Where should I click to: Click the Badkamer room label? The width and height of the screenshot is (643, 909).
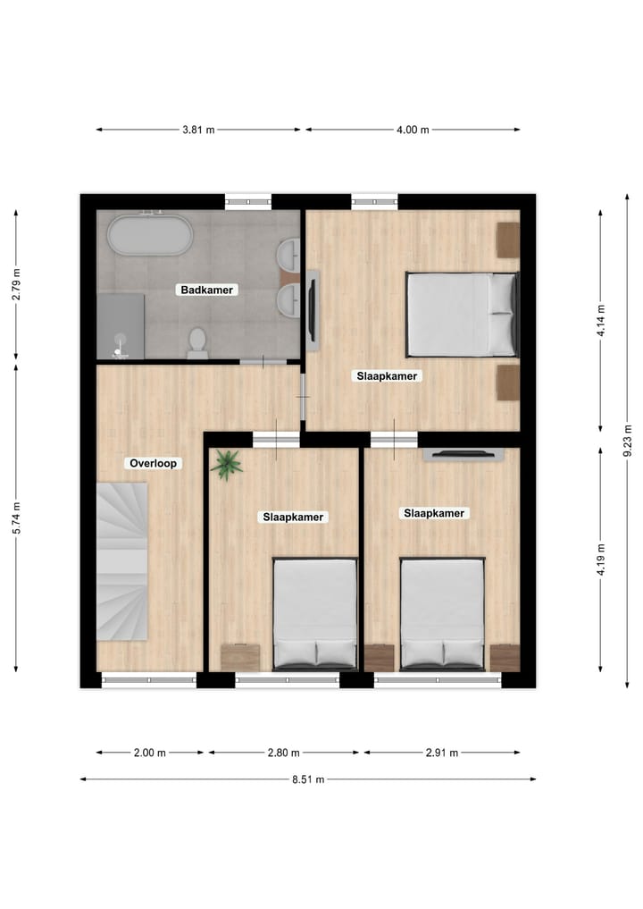pyautogui.click(x=207, y=290)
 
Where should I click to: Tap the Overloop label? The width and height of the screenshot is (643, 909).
pyautogui.click(x=154, y=463)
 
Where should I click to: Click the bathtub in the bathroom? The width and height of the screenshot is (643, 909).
pyautogui.click(x=149, y=236)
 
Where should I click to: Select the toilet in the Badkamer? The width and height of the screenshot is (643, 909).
pyautogui.click(x=197, y=342)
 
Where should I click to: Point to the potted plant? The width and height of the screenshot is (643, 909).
pyautogui.click(x=227, y=465)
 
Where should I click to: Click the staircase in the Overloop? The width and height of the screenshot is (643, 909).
pyautogui.click(x=121, y=561)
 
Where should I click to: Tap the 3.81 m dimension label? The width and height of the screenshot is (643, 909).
pyautogui.click(x=198, y=130)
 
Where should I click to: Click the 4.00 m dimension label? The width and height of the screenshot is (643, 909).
pyautogui.click(x=413, y=130)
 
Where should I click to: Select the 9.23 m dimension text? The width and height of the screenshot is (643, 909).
pyautogui.click(x=629, y=441)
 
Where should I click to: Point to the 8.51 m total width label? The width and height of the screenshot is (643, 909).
pyautogui.click(x=308, y=779)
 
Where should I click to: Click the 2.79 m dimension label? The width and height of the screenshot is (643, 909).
pyautogui.click(x=16, y=283)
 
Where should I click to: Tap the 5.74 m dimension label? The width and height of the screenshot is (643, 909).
pyautogui.click(x=16, y=517)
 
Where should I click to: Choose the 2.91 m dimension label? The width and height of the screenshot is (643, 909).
pyautogui.click(x=441, y=753)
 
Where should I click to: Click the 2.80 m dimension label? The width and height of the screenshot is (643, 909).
pyautogui.click(x=283, y=753)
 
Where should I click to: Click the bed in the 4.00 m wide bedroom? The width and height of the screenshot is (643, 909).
pyautogui.click(x=462, y=314)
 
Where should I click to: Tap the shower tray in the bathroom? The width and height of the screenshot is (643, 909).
pyautogui.click(x=121, y=324)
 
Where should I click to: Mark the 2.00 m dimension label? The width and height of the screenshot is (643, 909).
pyautogui.click(x=150, y=753)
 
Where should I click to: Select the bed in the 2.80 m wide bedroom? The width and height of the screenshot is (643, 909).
pyautogui.click(x=315, y=613)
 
